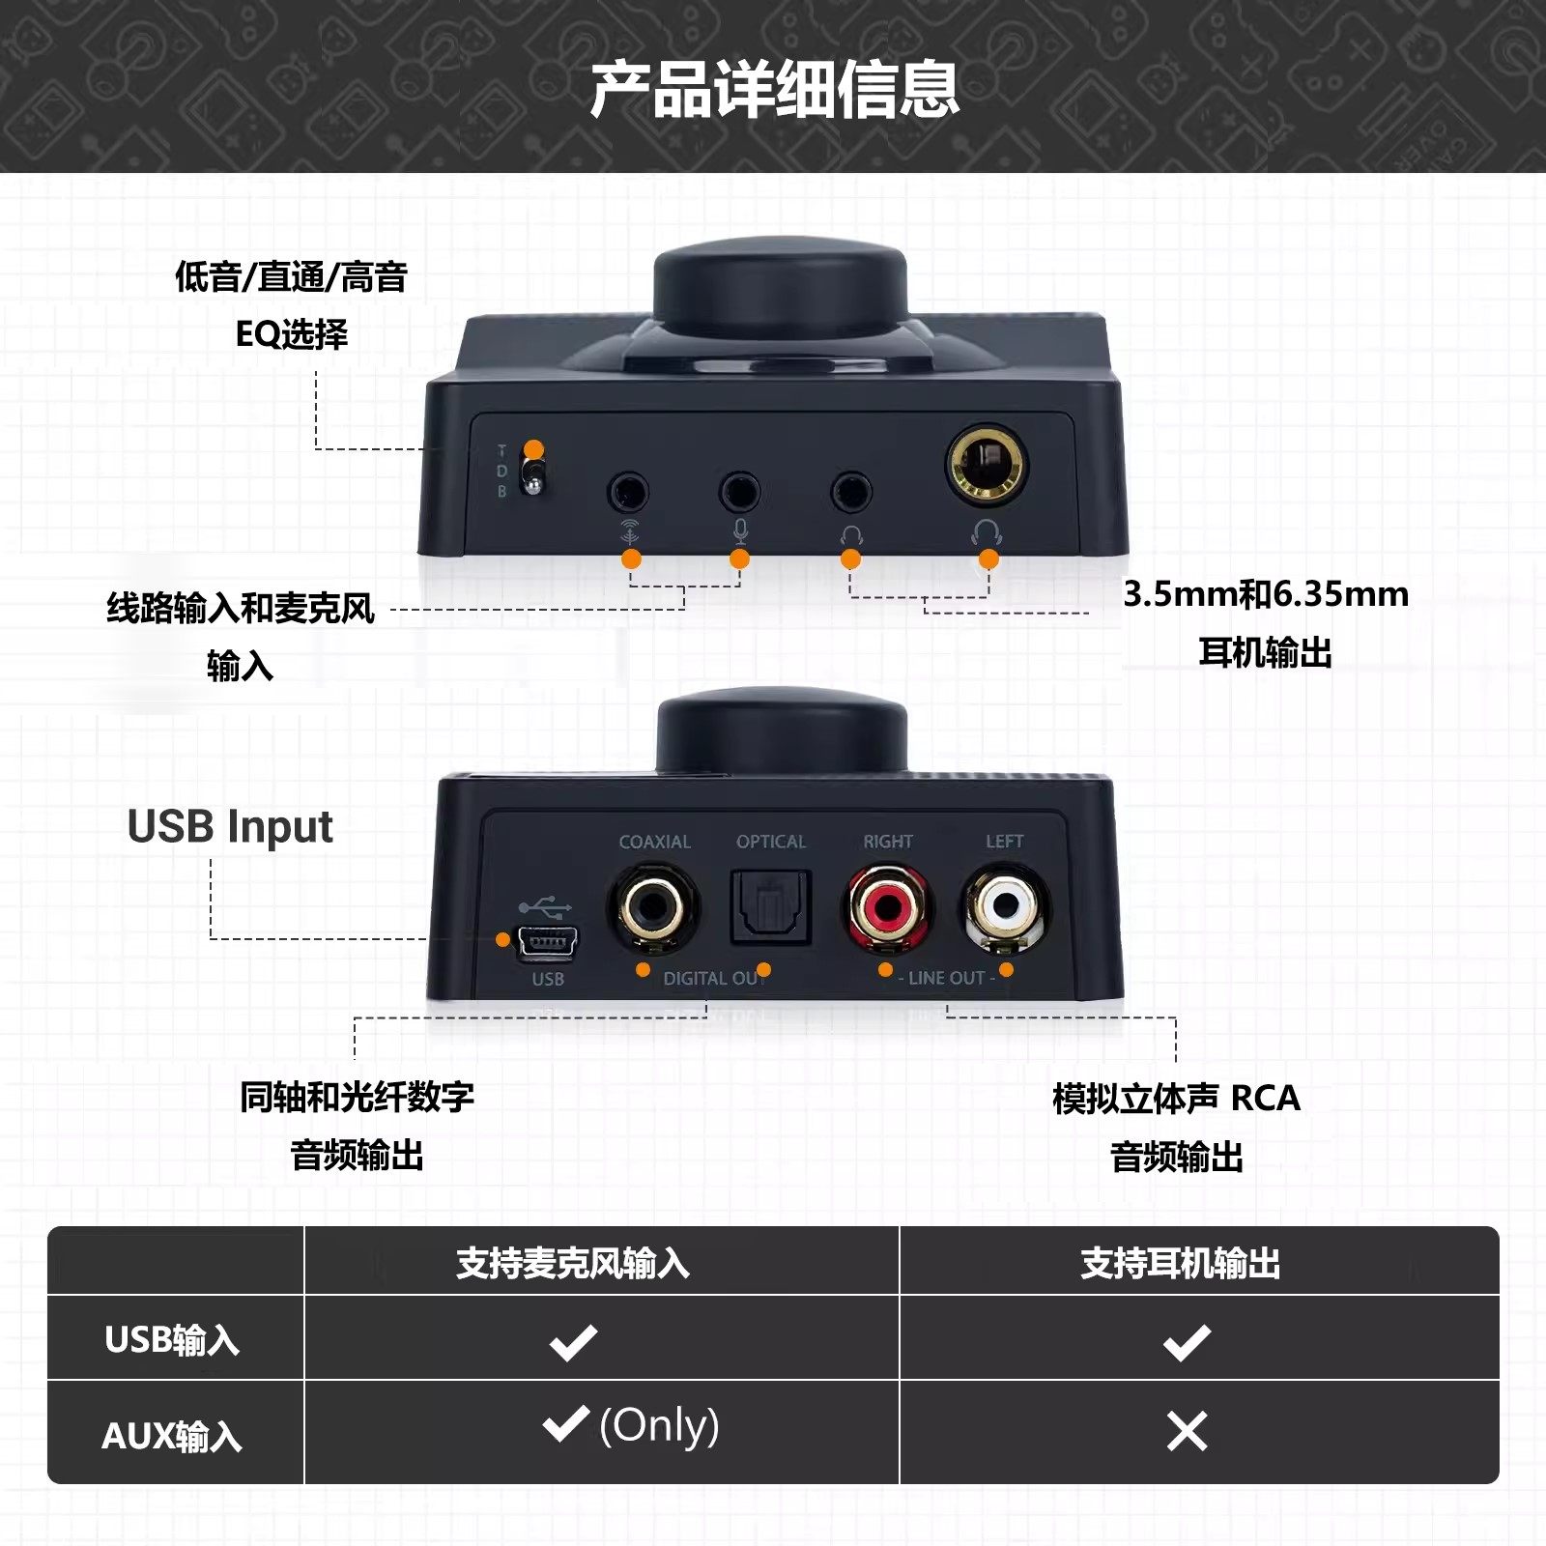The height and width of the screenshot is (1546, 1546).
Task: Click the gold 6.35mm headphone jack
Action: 987,466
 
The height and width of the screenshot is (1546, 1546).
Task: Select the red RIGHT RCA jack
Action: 888,906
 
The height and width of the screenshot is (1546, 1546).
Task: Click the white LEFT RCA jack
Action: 1006,906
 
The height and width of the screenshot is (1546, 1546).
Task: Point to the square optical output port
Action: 770,906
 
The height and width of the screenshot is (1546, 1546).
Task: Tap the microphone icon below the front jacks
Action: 740,530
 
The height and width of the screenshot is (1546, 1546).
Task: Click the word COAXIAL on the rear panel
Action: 654,842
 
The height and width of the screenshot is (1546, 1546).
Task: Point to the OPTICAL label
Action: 770,842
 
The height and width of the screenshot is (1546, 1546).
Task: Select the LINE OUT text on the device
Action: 946,978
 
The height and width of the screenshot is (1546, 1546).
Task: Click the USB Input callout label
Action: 230,827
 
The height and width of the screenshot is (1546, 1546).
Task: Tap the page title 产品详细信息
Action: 773,89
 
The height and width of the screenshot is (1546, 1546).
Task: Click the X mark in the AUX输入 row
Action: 1187,1431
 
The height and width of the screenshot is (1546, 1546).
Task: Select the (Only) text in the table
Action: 659,1425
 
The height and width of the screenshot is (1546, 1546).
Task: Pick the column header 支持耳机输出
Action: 1180,1263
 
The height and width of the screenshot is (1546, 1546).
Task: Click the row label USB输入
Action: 172,1339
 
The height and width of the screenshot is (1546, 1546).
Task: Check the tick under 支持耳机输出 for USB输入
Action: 1187,1342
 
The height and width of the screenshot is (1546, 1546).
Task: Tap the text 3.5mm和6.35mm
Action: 1265,594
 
